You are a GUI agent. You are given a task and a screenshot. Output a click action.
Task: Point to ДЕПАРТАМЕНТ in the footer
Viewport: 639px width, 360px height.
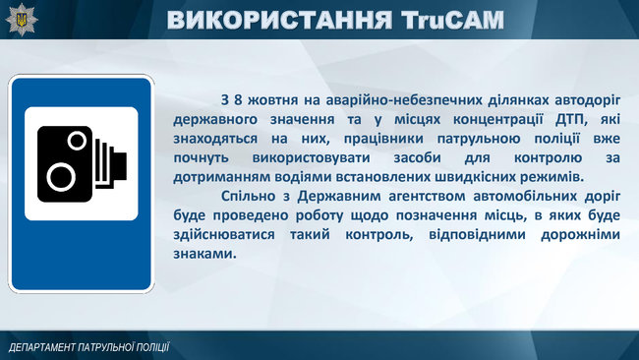pyautogui.click(x=45, y=347)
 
